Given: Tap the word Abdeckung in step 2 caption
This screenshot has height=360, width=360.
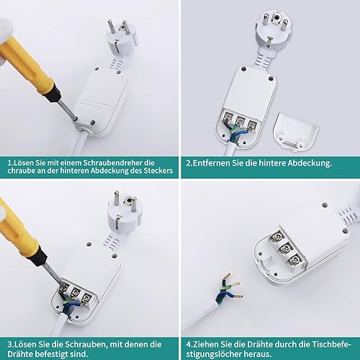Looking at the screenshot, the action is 310,163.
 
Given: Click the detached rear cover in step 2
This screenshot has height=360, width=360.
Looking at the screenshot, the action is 296,132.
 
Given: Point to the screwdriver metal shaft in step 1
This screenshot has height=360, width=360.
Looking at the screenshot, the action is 68,110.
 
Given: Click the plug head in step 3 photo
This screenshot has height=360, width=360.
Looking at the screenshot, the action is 125,212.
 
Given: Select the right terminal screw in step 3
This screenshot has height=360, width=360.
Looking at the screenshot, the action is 86,299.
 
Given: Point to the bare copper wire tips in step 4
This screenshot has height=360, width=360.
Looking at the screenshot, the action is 233,285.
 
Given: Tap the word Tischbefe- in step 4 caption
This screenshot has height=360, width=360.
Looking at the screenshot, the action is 331,345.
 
